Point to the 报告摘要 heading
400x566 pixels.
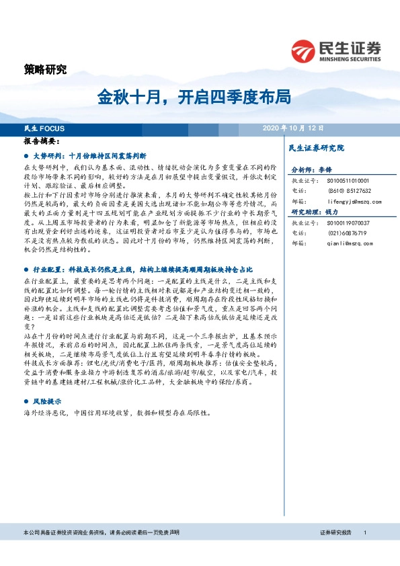tap(42, 142)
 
